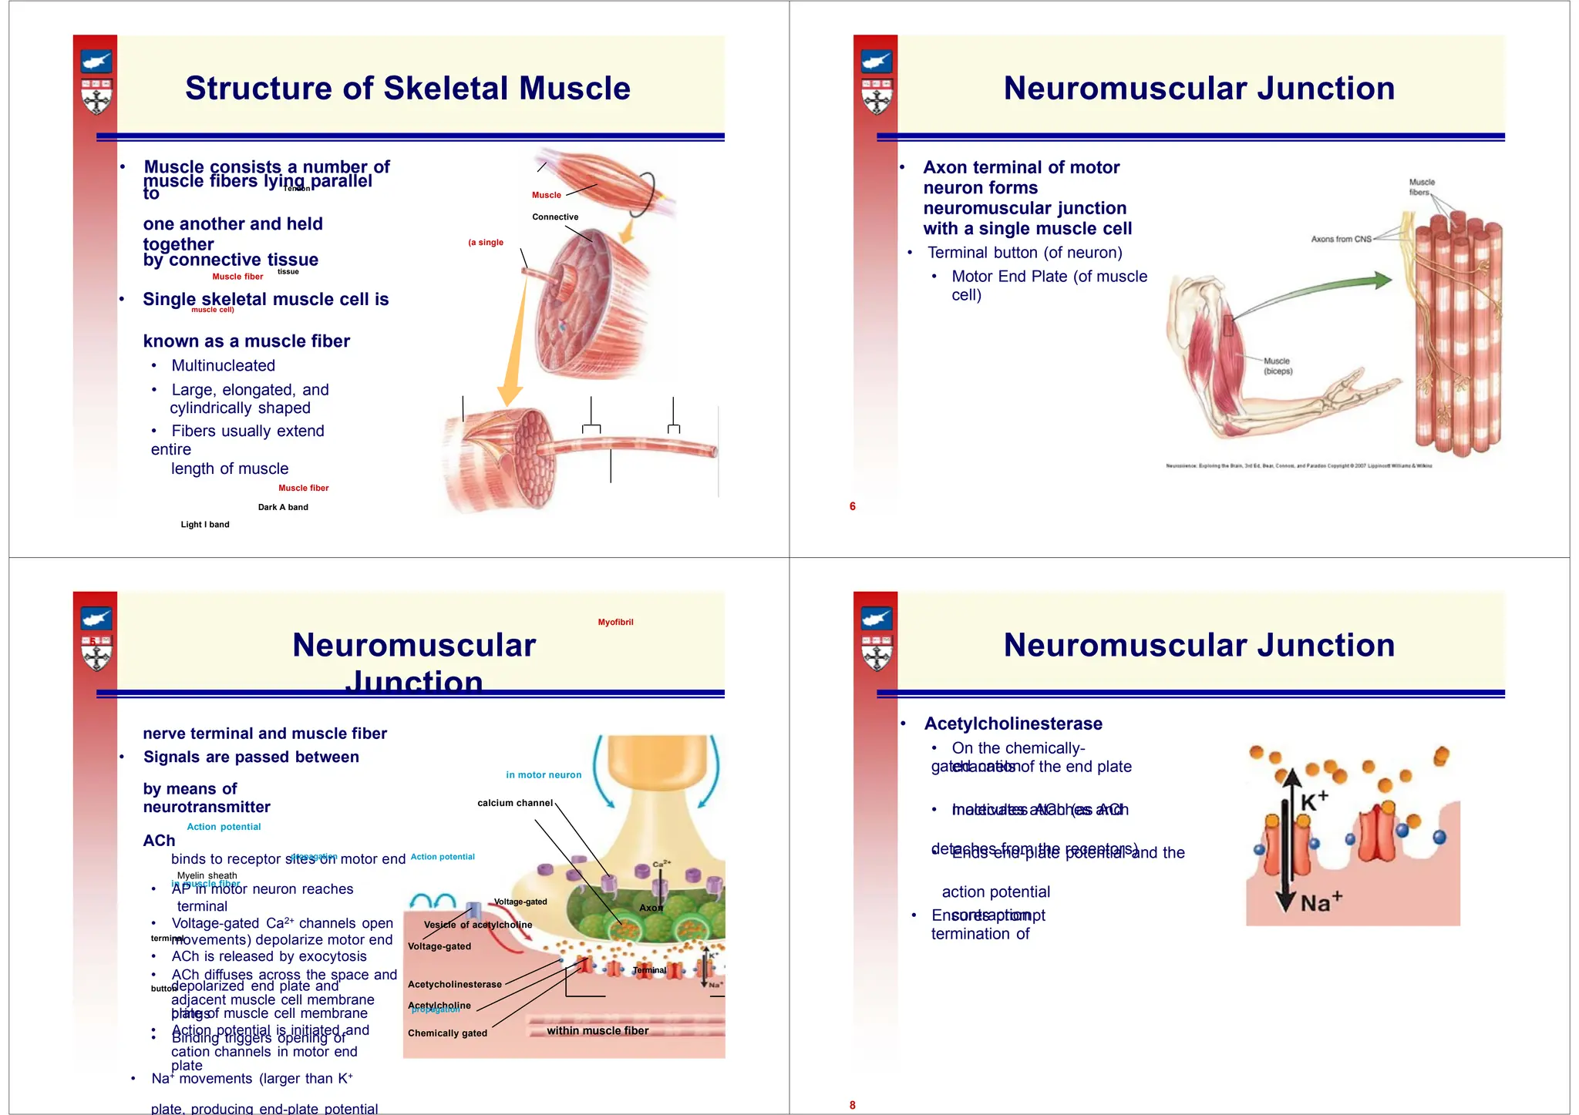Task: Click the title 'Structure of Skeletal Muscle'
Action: (407, 89)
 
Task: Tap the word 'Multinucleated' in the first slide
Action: (223, 366)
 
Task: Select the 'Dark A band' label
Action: (283, 507)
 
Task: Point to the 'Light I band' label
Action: (205, 525)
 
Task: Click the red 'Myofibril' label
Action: (615, 623)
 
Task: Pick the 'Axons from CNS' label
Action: (1341, 239)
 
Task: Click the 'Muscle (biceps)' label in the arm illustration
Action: (1278, 366)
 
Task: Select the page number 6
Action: (852, 506)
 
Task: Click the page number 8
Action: (852, 1105)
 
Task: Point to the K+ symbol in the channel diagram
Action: (1314, 801)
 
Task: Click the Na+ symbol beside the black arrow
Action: (1321, 902)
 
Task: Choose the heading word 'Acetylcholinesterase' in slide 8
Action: (1013, 724)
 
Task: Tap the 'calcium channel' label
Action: (515, 803)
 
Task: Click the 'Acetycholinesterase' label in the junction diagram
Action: (455, 985)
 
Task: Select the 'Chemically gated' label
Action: (447, 1033)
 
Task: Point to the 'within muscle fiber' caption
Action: (598, 1031)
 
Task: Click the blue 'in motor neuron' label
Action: (544, 775)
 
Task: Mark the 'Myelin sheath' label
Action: (207, 875)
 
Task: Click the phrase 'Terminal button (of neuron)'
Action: (1025, 253)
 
